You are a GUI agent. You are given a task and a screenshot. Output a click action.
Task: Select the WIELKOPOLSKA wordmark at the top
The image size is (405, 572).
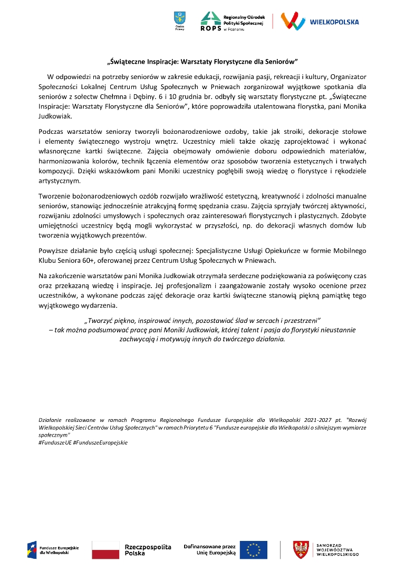click(x=334, y=22)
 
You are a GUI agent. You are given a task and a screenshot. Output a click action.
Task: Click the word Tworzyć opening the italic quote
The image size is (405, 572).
click(x=101, y=320)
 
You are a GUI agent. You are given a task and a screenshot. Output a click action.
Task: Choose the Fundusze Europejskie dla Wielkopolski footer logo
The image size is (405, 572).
click(x=53, y=549)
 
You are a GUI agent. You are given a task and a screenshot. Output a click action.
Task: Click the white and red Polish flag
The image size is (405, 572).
click(x=105, y=549)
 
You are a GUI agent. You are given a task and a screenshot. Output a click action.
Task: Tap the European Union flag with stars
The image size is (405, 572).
click(x=253, y=549)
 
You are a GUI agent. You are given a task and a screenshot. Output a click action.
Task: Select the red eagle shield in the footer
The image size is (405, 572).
click(x=301, y=550)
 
